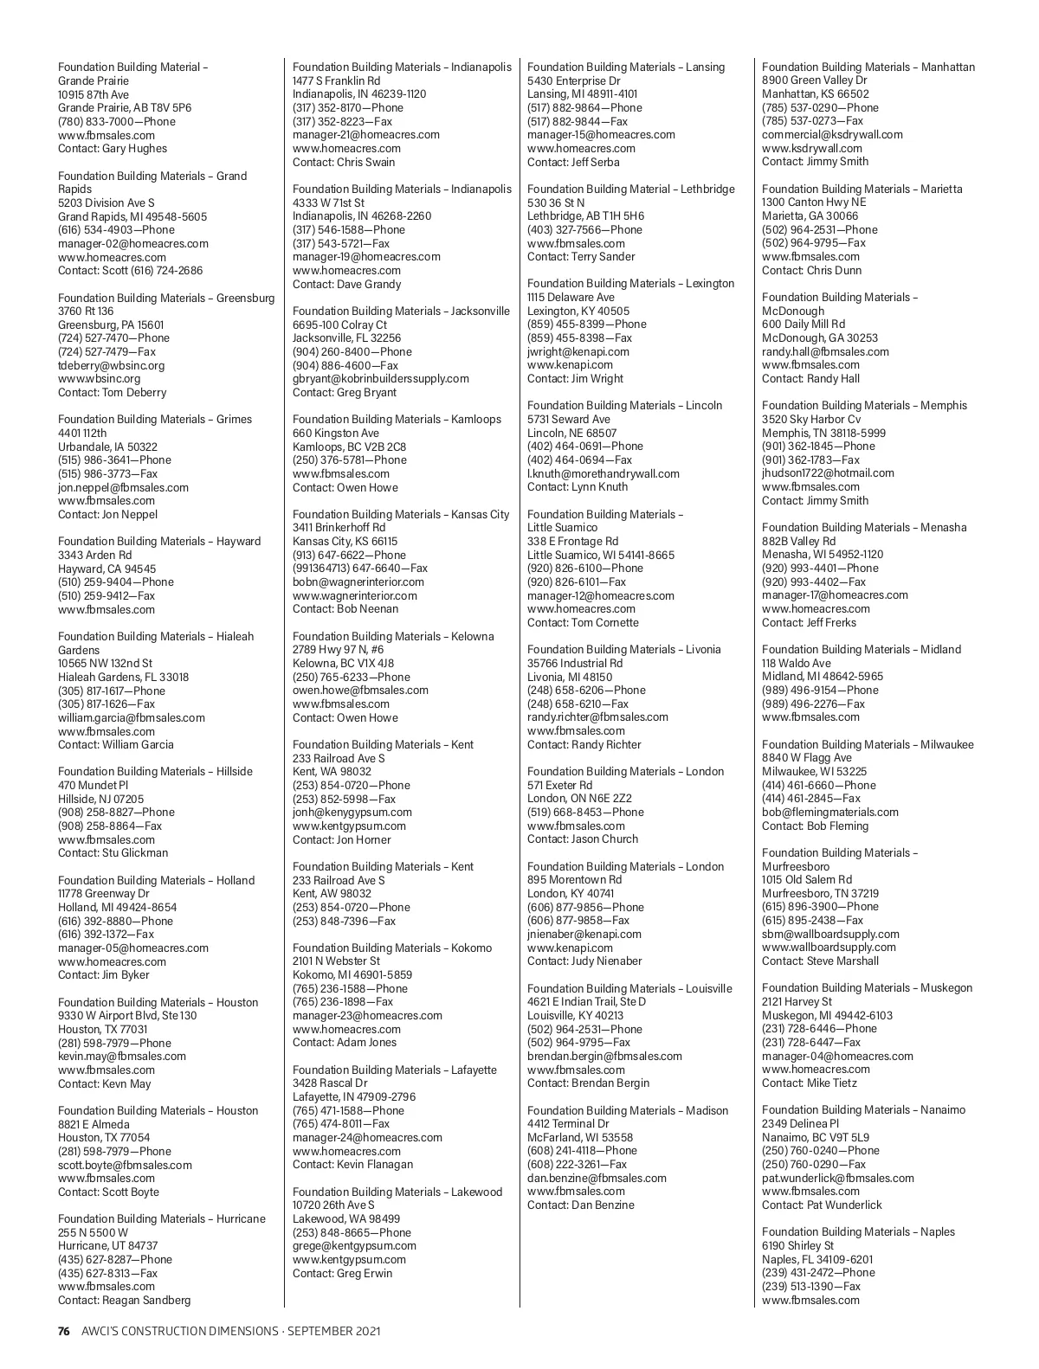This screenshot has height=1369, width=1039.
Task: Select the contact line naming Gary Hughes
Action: pos(113,149)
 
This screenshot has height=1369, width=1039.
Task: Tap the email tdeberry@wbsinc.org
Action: pos(111,365)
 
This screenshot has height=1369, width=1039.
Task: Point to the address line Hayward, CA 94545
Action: pos(107,569)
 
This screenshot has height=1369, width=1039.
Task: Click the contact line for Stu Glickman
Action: pos(113,853)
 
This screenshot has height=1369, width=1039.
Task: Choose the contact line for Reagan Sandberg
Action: pos(124,1301)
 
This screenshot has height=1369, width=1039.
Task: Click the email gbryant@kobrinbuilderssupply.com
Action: pos(381,379)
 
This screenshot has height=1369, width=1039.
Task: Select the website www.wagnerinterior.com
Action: pos(358,595)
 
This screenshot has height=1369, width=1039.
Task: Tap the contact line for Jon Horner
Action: pos(342,840)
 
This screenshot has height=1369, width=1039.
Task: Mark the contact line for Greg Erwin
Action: pos(342,1274)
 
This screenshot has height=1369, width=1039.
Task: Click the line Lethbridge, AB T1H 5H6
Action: pos(585,216)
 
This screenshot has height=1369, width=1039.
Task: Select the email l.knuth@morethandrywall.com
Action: pos(603,474)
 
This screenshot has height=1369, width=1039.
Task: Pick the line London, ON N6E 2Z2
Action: pos(579,799)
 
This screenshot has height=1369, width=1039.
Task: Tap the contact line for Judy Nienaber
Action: pos(584,961)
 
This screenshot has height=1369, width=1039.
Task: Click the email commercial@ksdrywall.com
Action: pos(832,135)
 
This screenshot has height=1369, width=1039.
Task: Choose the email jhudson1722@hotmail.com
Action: pos(828,473)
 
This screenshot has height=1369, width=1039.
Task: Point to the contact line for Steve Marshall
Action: pos(820,961)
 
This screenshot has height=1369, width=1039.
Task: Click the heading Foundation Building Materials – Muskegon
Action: pos(867,988)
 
